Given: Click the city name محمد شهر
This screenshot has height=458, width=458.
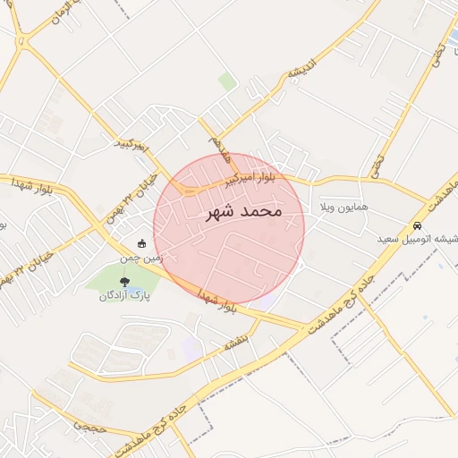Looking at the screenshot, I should click(x=243, y=212).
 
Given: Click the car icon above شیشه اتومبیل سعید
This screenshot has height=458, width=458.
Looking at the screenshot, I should click(x=418, y=225).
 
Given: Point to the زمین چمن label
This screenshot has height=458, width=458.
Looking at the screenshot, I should click(x=144, y=258).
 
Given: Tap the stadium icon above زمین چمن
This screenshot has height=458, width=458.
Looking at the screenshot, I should click(x=142, y=243).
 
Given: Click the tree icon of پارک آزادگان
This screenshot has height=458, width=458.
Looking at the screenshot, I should click(x=124, y=282).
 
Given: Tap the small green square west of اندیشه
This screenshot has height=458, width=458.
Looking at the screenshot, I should click(x=227, y=81).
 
